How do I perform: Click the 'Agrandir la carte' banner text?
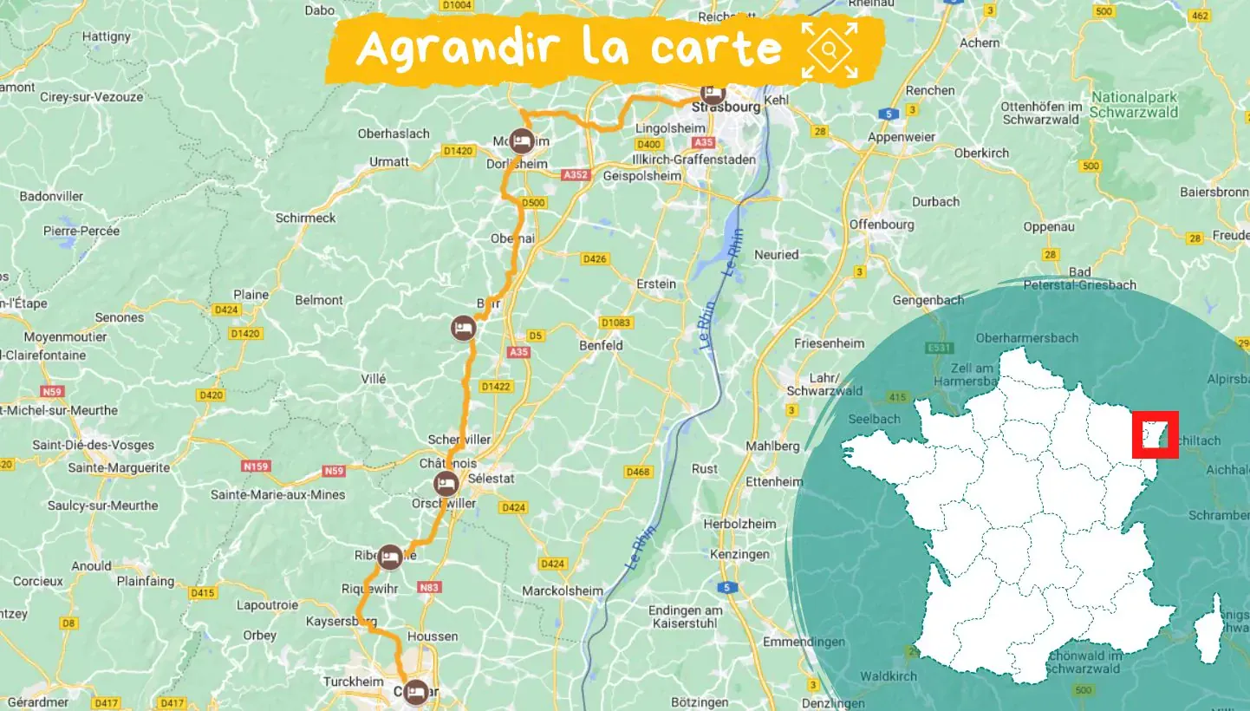pyautogui.click(x=569, y=48)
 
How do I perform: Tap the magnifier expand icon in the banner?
pyautogui.click(x=829, y=50)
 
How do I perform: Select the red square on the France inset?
pyautogui.click(x=1156, y=435)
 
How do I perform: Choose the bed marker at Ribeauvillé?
pyautogui.click(x=390, y=557)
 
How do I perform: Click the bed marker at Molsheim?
pyautogui.click(x=521, y=140)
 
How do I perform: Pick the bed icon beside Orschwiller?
pyautogui.click(x=446, y=484)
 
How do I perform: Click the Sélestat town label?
pyautogui.click(x=491, y=479)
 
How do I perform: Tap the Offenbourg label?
pyautogui.click(x=882, y=224)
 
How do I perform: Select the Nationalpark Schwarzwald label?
pyautogui.click(x=1135, y=105)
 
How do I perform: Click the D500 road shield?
pyautogui.click(x=534, y=203)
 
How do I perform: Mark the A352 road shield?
pyautogui.click(x=575, y=175)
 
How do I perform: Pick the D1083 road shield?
pyautogui.click(x=615, y=323)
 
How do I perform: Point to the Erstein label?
pyautogui.click(x=655, y=284)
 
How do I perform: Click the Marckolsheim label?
pyautogui.click(x=562, y=590)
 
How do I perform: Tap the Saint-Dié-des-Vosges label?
pyautogui.click(x=93, y=445)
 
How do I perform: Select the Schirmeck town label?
pyautogui.click(x=305, y=218)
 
